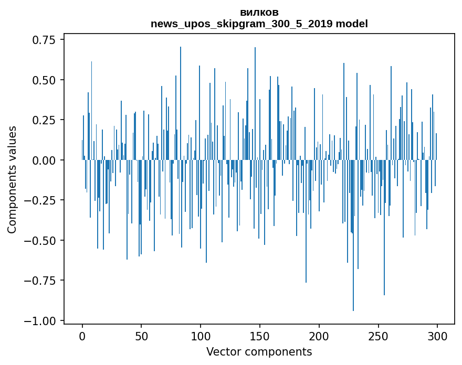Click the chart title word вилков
(259, 12)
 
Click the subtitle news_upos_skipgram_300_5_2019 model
(259, 24)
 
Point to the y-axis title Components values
(12, 179)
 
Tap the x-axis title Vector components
(259, 352)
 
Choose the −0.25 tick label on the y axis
(43, 200)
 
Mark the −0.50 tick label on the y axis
(43, 241)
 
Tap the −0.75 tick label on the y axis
(43, 281)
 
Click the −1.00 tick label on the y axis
(43, 321)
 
